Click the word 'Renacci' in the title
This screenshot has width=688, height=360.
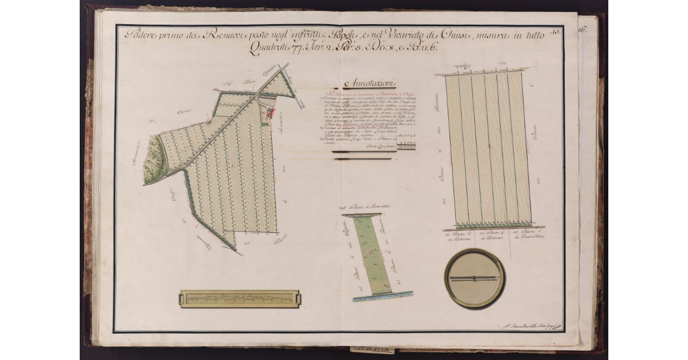(x=213, y=35)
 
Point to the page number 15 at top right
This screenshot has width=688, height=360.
(x=553, y=33)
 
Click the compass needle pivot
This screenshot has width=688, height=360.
(x=474, y=279)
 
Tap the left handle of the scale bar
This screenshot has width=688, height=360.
(x=183, y=299)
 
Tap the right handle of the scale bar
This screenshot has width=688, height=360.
(x=296, y=299)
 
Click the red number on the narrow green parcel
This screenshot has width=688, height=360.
(x=373, y=252)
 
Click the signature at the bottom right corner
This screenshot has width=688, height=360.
(x=530, y=326)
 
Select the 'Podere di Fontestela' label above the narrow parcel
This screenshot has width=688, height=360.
(x=362, y=206)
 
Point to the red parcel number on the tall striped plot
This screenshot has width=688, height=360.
(x=488, y=147)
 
